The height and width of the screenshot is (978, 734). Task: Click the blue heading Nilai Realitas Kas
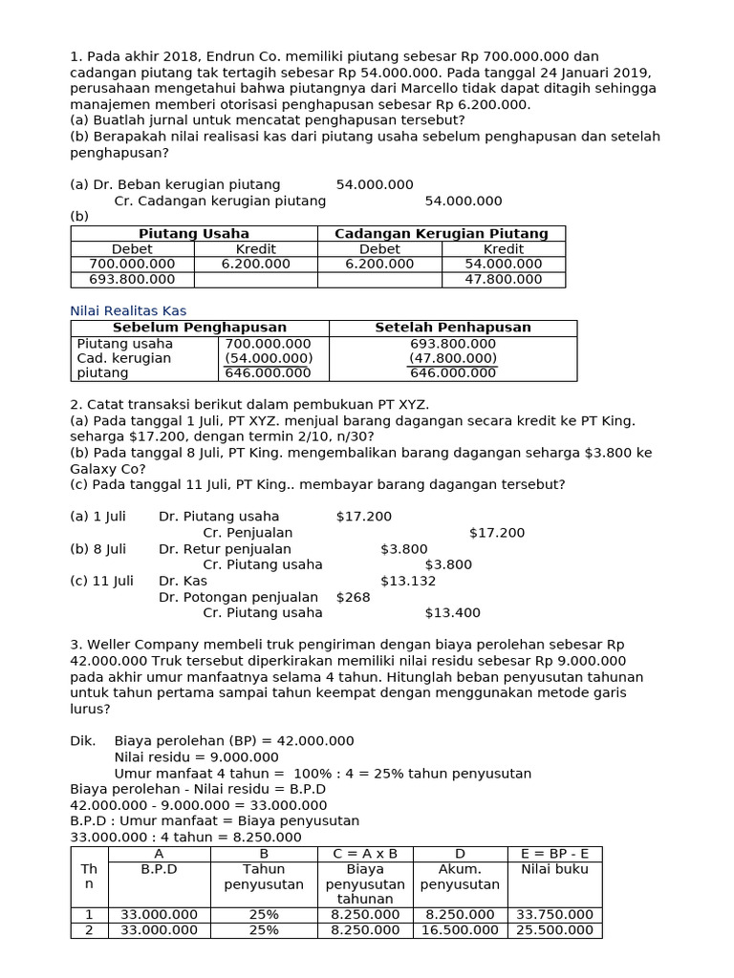pos(128,310)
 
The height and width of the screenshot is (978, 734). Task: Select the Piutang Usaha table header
pos(194,233)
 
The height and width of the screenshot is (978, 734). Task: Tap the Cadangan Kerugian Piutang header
pos(441,233)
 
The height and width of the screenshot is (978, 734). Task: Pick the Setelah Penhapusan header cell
pos(452,328)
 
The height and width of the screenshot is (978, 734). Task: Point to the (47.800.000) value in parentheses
pos(452,358)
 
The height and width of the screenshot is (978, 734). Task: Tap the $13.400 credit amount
pos(452,612)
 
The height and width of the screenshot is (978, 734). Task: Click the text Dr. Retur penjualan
pos(225,549)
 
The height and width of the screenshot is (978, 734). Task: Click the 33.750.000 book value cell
pos(554,914)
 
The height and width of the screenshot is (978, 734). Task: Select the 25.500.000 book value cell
pos(554,929)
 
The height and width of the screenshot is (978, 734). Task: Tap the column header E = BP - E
pos(554,854)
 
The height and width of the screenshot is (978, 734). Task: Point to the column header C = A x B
pos(365,854)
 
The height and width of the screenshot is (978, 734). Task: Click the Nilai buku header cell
pos(554,869)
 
